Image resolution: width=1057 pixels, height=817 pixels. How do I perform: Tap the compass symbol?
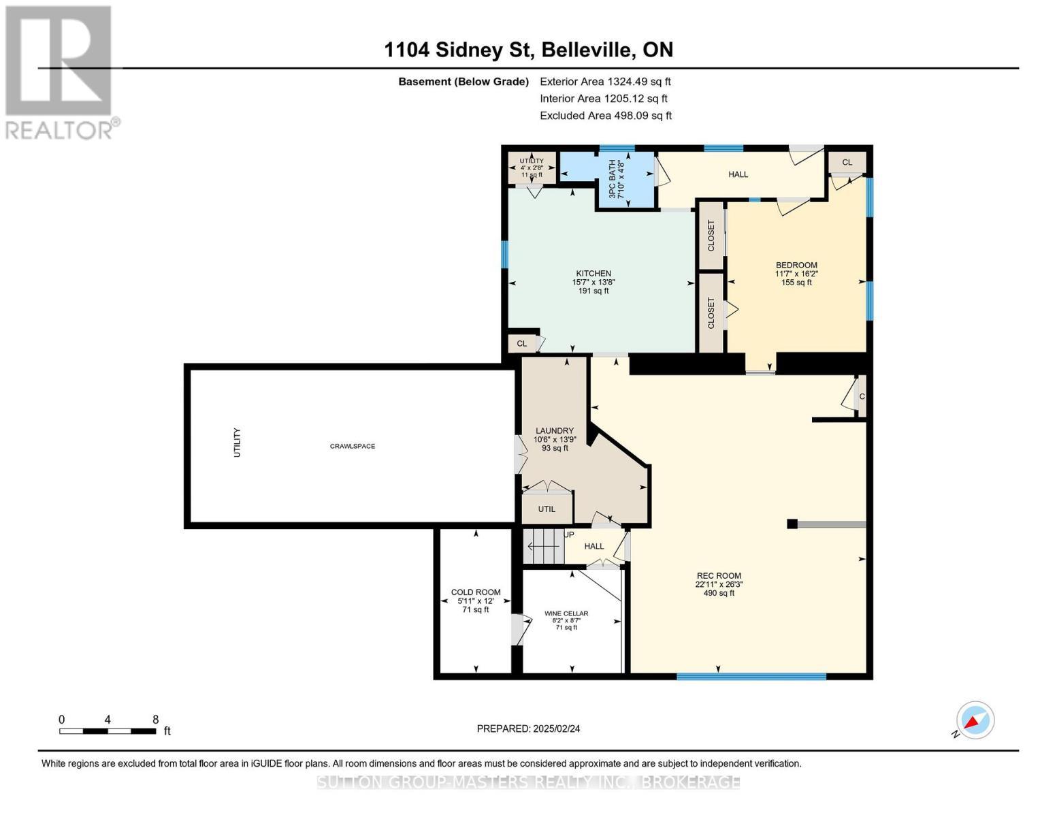[975, 720]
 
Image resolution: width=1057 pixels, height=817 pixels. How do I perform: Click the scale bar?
[108, 731]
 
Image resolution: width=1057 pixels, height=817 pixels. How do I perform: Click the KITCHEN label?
[593, 274]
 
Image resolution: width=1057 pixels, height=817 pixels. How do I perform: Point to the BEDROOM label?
[796, 266]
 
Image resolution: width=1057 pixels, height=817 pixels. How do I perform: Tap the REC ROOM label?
[719, 576]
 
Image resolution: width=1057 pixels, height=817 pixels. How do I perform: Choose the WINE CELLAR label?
[566, 613]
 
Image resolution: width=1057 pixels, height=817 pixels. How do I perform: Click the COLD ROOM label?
[476, 592]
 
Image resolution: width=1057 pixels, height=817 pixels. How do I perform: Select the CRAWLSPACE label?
[353, 446]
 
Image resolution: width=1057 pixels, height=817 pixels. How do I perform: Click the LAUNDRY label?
[555, 431]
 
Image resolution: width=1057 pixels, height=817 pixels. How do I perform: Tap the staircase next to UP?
[544, 547]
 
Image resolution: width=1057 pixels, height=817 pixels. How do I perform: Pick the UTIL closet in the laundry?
[547, 509]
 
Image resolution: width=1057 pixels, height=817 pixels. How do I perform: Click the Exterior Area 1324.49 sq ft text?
[606, 82]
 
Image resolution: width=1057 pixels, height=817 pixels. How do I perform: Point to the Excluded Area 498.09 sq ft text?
[606, 116]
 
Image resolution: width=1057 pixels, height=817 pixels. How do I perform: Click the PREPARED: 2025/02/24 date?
[528, 729]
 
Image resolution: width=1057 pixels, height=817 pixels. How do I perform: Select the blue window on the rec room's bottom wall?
[751, 676]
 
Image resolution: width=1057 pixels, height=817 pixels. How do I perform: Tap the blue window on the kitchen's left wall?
[505, 255]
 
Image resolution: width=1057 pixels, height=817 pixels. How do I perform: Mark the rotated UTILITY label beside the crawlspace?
[238, 443]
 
